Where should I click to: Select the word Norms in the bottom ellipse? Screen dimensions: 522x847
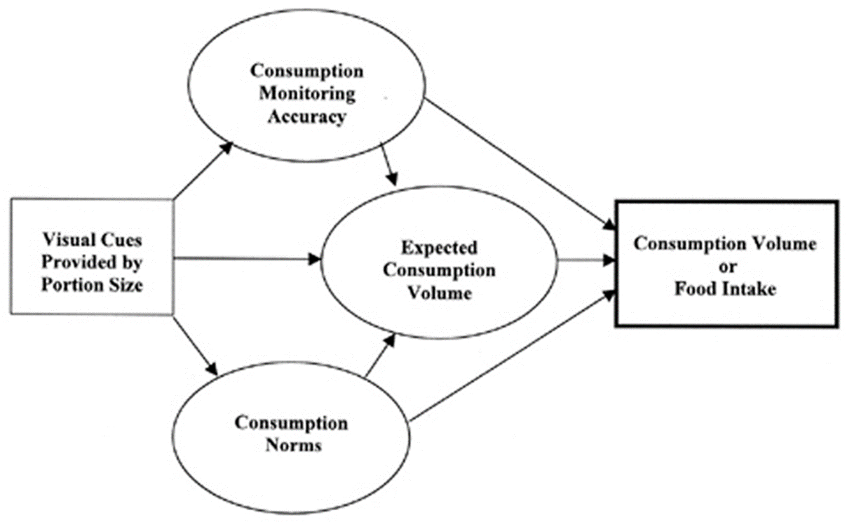tap(294, 445)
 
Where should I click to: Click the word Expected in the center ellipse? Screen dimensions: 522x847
tap(440, 248)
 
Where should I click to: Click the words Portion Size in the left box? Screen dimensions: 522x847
tap(91, 285)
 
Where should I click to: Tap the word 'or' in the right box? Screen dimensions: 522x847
tap(725, 266)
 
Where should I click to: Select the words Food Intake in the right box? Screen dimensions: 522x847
tap(725, 288)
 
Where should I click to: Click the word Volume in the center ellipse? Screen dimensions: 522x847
tap(439, 293)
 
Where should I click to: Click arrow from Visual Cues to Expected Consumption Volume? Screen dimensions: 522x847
tap(245, 260)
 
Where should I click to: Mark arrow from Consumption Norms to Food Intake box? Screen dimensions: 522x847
tap(512, 359)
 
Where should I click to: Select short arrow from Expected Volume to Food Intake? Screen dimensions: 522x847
tap(585, 260)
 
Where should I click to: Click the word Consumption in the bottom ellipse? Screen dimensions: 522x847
tap(291, 423)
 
